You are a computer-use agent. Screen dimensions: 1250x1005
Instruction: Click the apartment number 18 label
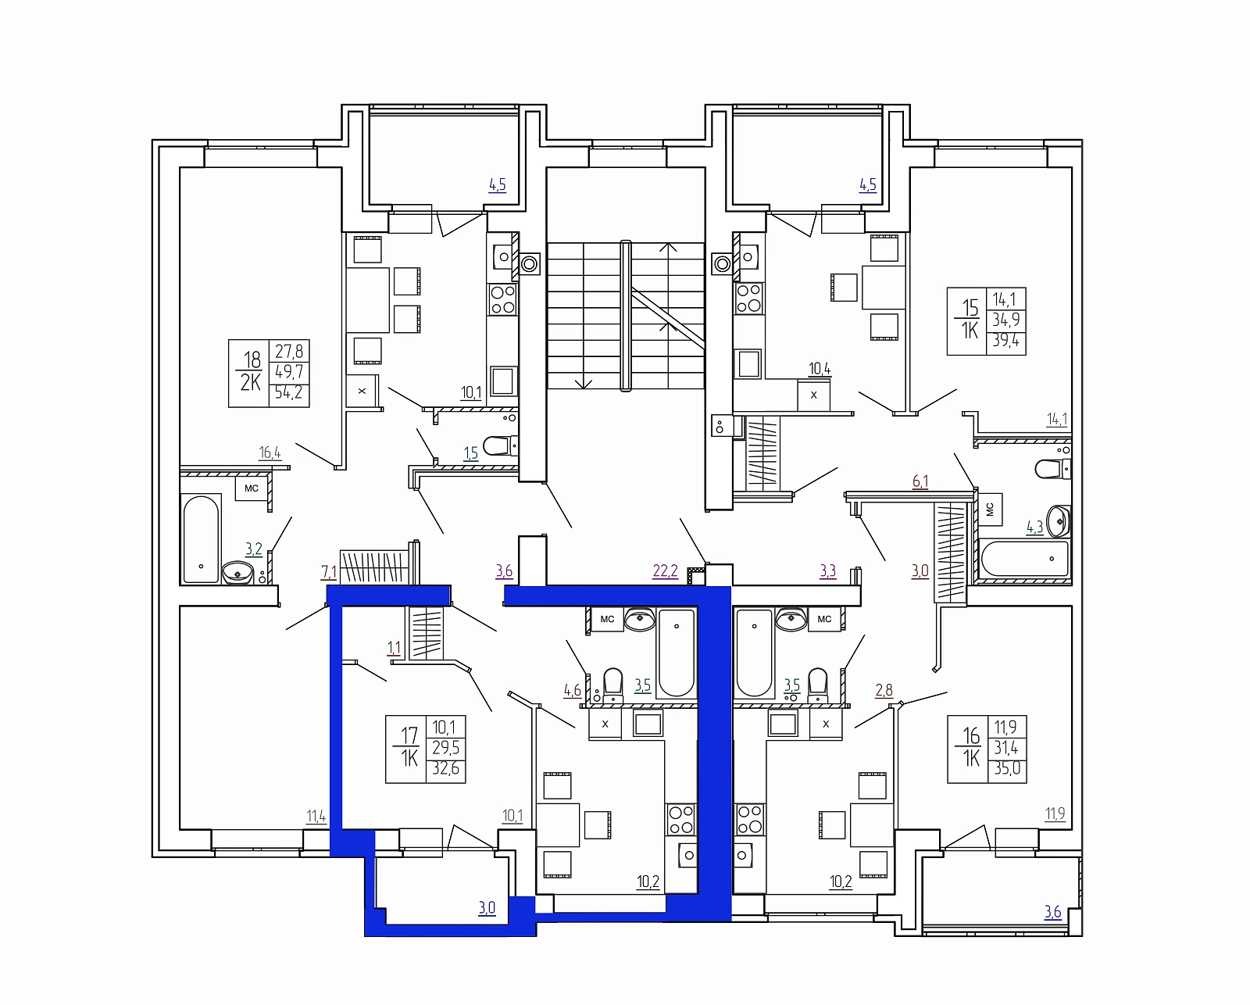point(252,359)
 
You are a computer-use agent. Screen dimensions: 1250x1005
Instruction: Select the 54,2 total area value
point(289,392)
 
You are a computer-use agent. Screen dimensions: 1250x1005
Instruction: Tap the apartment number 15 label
point(970,307)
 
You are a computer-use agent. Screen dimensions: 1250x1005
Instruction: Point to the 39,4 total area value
point(1006,340)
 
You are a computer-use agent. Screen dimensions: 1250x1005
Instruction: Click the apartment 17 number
point(409,736)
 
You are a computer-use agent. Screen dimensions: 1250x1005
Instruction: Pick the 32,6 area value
point(445,768)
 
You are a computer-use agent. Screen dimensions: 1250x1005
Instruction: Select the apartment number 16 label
point(971,736)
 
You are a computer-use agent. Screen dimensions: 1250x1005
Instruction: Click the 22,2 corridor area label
point(665,571)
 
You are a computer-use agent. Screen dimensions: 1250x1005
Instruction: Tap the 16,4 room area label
point(270,452)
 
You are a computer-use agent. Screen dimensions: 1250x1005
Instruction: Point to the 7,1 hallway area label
point(329,573)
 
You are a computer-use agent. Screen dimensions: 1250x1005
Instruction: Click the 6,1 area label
point(920,481)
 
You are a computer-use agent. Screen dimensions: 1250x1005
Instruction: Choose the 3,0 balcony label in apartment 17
point(487,908)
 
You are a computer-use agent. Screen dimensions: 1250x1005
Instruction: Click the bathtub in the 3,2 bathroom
point(201,538)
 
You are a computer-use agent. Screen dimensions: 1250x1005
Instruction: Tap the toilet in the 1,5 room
point(499,445)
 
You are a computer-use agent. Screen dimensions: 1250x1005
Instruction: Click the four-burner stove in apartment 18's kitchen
point(502,299)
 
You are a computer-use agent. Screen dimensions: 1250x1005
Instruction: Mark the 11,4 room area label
point(316,817)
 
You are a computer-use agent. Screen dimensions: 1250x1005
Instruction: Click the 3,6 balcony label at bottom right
point(1052,912)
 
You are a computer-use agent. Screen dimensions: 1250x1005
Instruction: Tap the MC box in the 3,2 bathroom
point(251,488)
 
